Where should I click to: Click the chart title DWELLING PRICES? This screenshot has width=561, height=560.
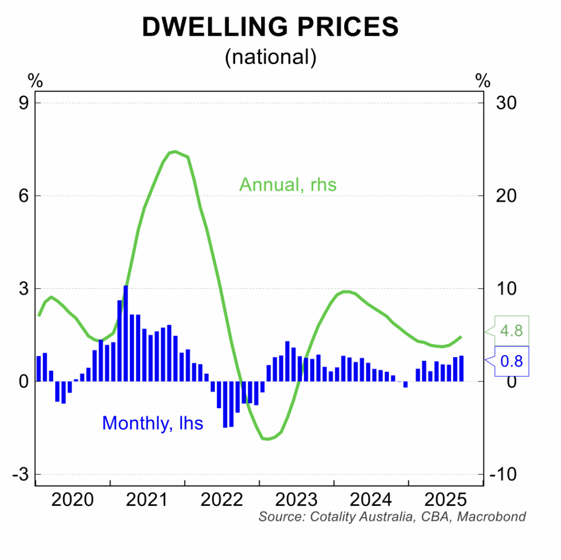click(x=270, y=27)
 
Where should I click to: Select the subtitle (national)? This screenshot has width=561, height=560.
click(x=270, y=56)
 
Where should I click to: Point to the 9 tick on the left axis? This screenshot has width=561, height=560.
click(x=24, y=103)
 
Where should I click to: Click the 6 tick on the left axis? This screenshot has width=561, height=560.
click(x=24, y=196)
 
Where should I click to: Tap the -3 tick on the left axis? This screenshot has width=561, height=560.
click(x=20, y=475)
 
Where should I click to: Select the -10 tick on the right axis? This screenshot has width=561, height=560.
click(x=503, y=475)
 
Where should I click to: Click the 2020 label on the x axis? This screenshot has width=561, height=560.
click(x=72, y=500)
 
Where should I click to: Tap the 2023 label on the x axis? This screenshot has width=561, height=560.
click(x=296, y=500)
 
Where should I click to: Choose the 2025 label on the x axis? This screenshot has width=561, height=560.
click(x=446, y=500)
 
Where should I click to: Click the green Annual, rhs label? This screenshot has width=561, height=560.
click(x=288, y=185)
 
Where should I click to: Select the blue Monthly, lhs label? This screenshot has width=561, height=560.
click(x=153, y=423)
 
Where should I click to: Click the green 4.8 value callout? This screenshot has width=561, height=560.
click(x=511, y=331)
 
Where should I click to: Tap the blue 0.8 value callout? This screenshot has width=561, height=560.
click(x=511, y=361)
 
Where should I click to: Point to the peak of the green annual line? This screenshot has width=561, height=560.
click(x=175, y=151)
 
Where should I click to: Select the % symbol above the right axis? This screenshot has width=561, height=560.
click(x=483, y=82)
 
